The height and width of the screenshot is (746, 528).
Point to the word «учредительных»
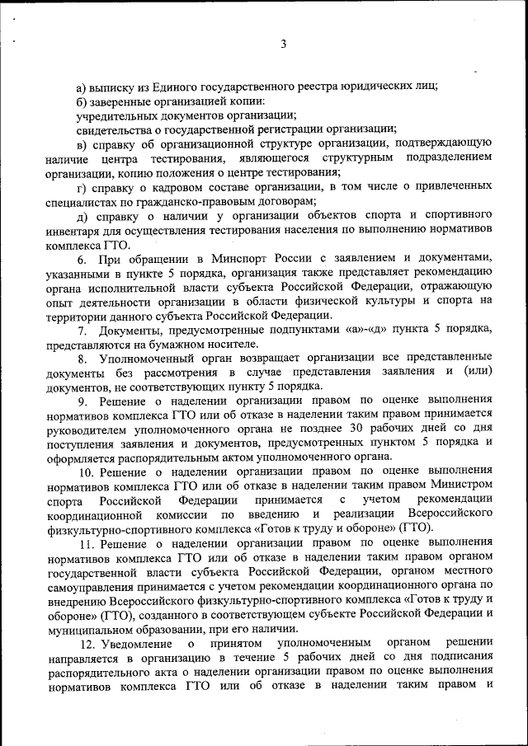111,115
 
